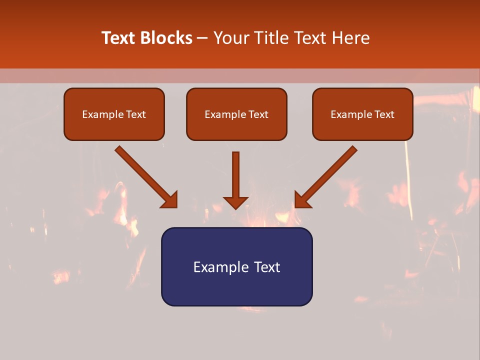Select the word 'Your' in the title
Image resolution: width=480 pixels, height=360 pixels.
point(233,38)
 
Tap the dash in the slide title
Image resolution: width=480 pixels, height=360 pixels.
point(202,38)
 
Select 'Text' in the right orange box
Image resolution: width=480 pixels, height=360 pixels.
point(384,114)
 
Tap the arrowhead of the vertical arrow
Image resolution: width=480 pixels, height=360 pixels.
point(235,202)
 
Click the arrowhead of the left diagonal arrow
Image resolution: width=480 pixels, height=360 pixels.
point(170,200)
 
